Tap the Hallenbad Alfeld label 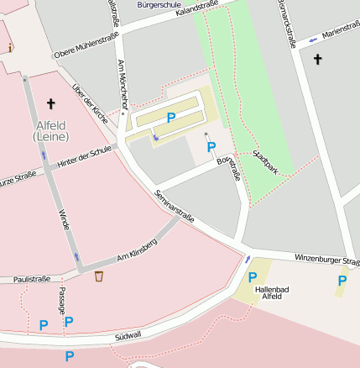coord(272,293)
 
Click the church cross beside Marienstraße coord(317,59)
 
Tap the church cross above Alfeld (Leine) coord(50,104)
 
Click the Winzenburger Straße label coord(327,260)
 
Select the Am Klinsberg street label coord(137,250)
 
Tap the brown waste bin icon coord(99,276)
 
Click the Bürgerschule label coord(158,4)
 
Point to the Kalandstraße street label coord(197,10)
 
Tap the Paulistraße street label coord(31,279)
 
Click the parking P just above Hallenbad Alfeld coord(253,276)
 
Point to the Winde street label coord(64,220)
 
